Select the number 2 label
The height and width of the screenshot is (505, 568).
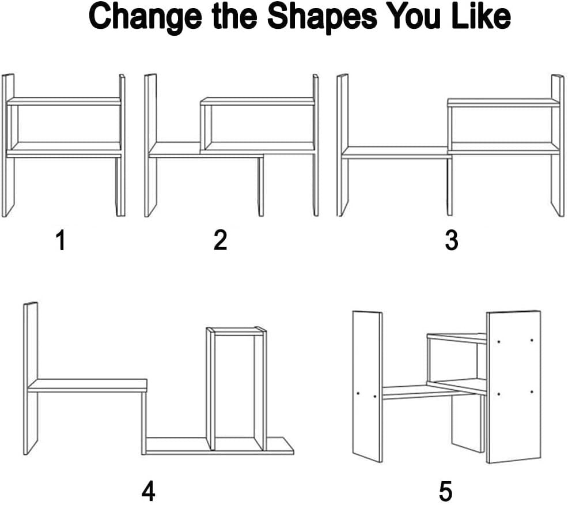pos(220,240)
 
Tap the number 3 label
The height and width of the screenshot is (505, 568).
pos(452,240)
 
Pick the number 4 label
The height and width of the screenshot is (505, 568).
pos(148,491)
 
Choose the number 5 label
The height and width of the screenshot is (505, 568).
pos(445,491)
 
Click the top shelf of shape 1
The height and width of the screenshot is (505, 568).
pos(64,101)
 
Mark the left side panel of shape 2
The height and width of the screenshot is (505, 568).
pos(151,146)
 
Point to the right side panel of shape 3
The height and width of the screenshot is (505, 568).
pos(558,146)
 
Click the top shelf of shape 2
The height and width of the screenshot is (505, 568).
pos(257,101)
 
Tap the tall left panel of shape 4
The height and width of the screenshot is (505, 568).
pos(31,378)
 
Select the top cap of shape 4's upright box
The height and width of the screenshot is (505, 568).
pos(237,331)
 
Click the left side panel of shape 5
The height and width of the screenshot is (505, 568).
pos(368,386)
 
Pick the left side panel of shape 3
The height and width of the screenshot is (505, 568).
pos(343,146)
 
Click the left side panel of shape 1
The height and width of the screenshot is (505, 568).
pos(8,146)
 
